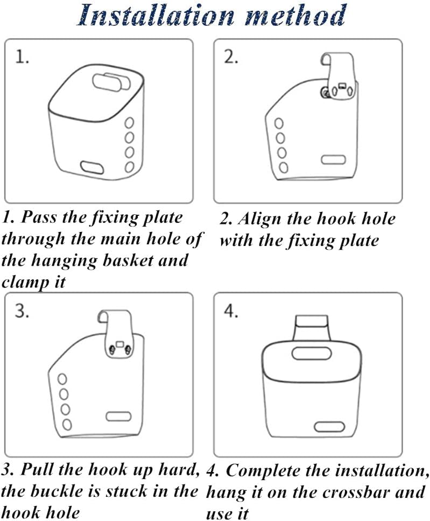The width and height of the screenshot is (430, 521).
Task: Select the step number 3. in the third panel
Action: pos(22,312)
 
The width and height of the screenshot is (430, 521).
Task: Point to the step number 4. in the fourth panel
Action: pos(231,312)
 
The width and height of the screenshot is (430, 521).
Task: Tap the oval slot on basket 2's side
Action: pos(332,160)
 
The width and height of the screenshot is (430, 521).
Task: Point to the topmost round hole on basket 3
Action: pos(63,378)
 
